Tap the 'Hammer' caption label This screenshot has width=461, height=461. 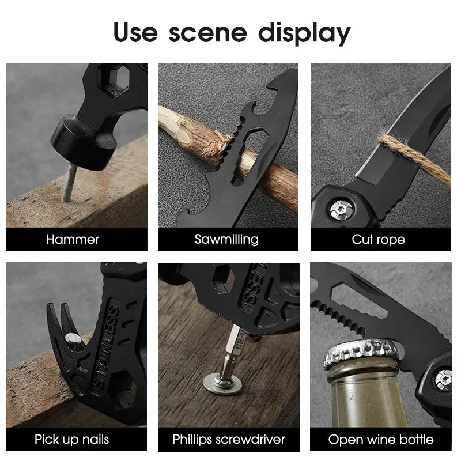pyautogui.click(x=73, y=239)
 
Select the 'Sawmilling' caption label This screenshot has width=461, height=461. pyautogui.click(x=226, y=239)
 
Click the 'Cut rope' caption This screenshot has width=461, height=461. pyautogui.click(x=379, y=239)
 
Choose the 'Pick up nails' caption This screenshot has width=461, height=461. pyautogui.click(x=71, y=440)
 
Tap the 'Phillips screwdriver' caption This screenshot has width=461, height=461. pyautogui.click(x=229, y=440)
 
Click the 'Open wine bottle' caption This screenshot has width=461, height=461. pyautogui.click(x=381, y=440)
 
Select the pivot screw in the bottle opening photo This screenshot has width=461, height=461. pyautogui.click(x=443, y=379)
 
